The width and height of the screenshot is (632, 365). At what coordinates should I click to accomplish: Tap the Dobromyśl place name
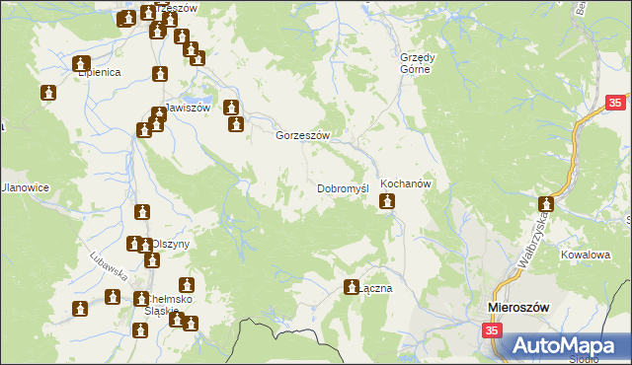click(x=343, y=187)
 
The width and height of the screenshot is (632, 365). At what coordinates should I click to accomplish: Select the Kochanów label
click(x=402, y=184)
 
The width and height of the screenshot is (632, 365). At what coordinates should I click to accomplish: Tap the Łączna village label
click(x=376, y=289)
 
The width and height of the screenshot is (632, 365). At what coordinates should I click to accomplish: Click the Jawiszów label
click(x=187, y=109)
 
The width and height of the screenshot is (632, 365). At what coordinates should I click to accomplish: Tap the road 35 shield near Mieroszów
click(x=492, y=331)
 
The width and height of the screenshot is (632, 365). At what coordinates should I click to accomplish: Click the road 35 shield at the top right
click(x=615, y=103)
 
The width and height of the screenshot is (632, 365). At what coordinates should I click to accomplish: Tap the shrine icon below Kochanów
click(x=387, y=202)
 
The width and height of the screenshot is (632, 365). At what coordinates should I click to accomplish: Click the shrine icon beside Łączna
click(x=351, y=288)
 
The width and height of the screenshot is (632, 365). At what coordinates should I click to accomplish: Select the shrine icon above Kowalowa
click(x=546, y=206)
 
